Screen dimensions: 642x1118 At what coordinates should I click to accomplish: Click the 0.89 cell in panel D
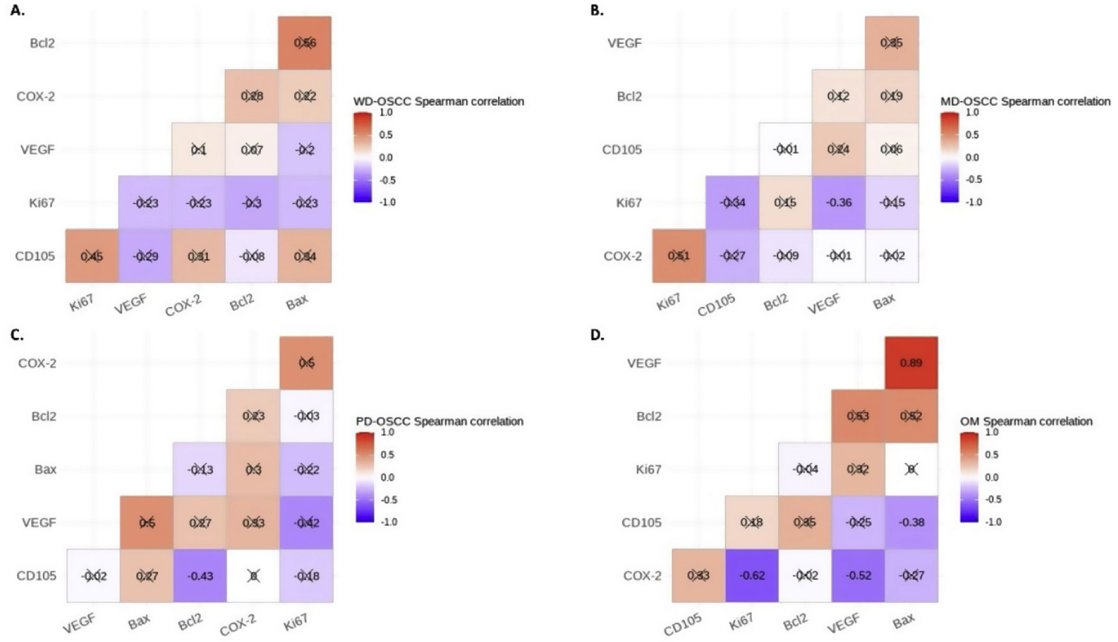(x=911, y=363)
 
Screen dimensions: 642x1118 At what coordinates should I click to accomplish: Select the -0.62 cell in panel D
(x=752, y=575)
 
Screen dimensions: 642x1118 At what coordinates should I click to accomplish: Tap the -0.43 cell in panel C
(x=200, y=575)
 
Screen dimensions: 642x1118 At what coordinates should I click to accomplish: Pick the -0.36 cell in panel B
(x=839, y=202)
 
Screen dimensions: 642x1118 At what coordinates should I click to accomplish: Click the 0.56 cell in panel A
(x=305, y=43)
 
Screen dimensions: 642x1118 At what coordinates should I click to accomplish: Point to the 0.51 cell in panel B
(x=679, y=256)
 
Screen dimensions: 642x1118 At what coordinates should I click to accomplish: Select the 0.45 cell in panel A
(x=92, y=256)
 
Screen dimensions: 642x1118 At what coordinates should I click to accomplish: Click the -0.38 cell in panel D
(x=911, y=522)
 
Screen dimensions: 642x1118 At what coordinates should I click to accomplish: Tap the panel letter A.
(x=18, y=11)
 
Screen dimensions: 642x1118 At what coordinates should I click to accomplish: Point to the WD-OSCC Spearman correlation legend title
(x=438, y=101)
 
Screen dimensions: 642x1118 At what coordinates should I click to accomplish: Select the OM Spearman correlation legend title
(x=1026, y=421)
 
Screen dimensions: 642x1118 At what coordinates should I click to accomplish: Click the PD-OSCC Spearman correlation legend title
(x=439, y=421)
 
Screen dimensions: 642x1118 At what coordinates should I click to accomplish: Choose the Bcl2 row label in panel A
(x=42, y=43)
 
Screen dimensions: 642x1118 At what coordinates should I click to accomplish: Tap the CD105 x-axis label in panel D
(x=682, y=625)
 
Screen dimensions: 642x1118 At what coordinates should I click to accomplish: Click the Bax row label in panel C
(x=45, y=469)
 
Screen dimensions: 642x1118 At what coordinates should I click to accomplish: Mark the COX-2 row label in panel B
(x=623, y=256)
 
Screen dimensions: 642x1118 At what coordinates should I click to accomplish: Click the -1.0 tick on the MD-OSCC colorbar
(x=974, y=202)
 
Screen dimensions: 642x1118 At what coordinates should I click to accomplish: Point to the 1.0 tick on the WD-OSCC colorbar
(x=386, y=112)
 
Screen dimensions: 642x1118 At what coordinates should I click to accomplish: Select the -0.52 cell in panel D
(x=858, y=575)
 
